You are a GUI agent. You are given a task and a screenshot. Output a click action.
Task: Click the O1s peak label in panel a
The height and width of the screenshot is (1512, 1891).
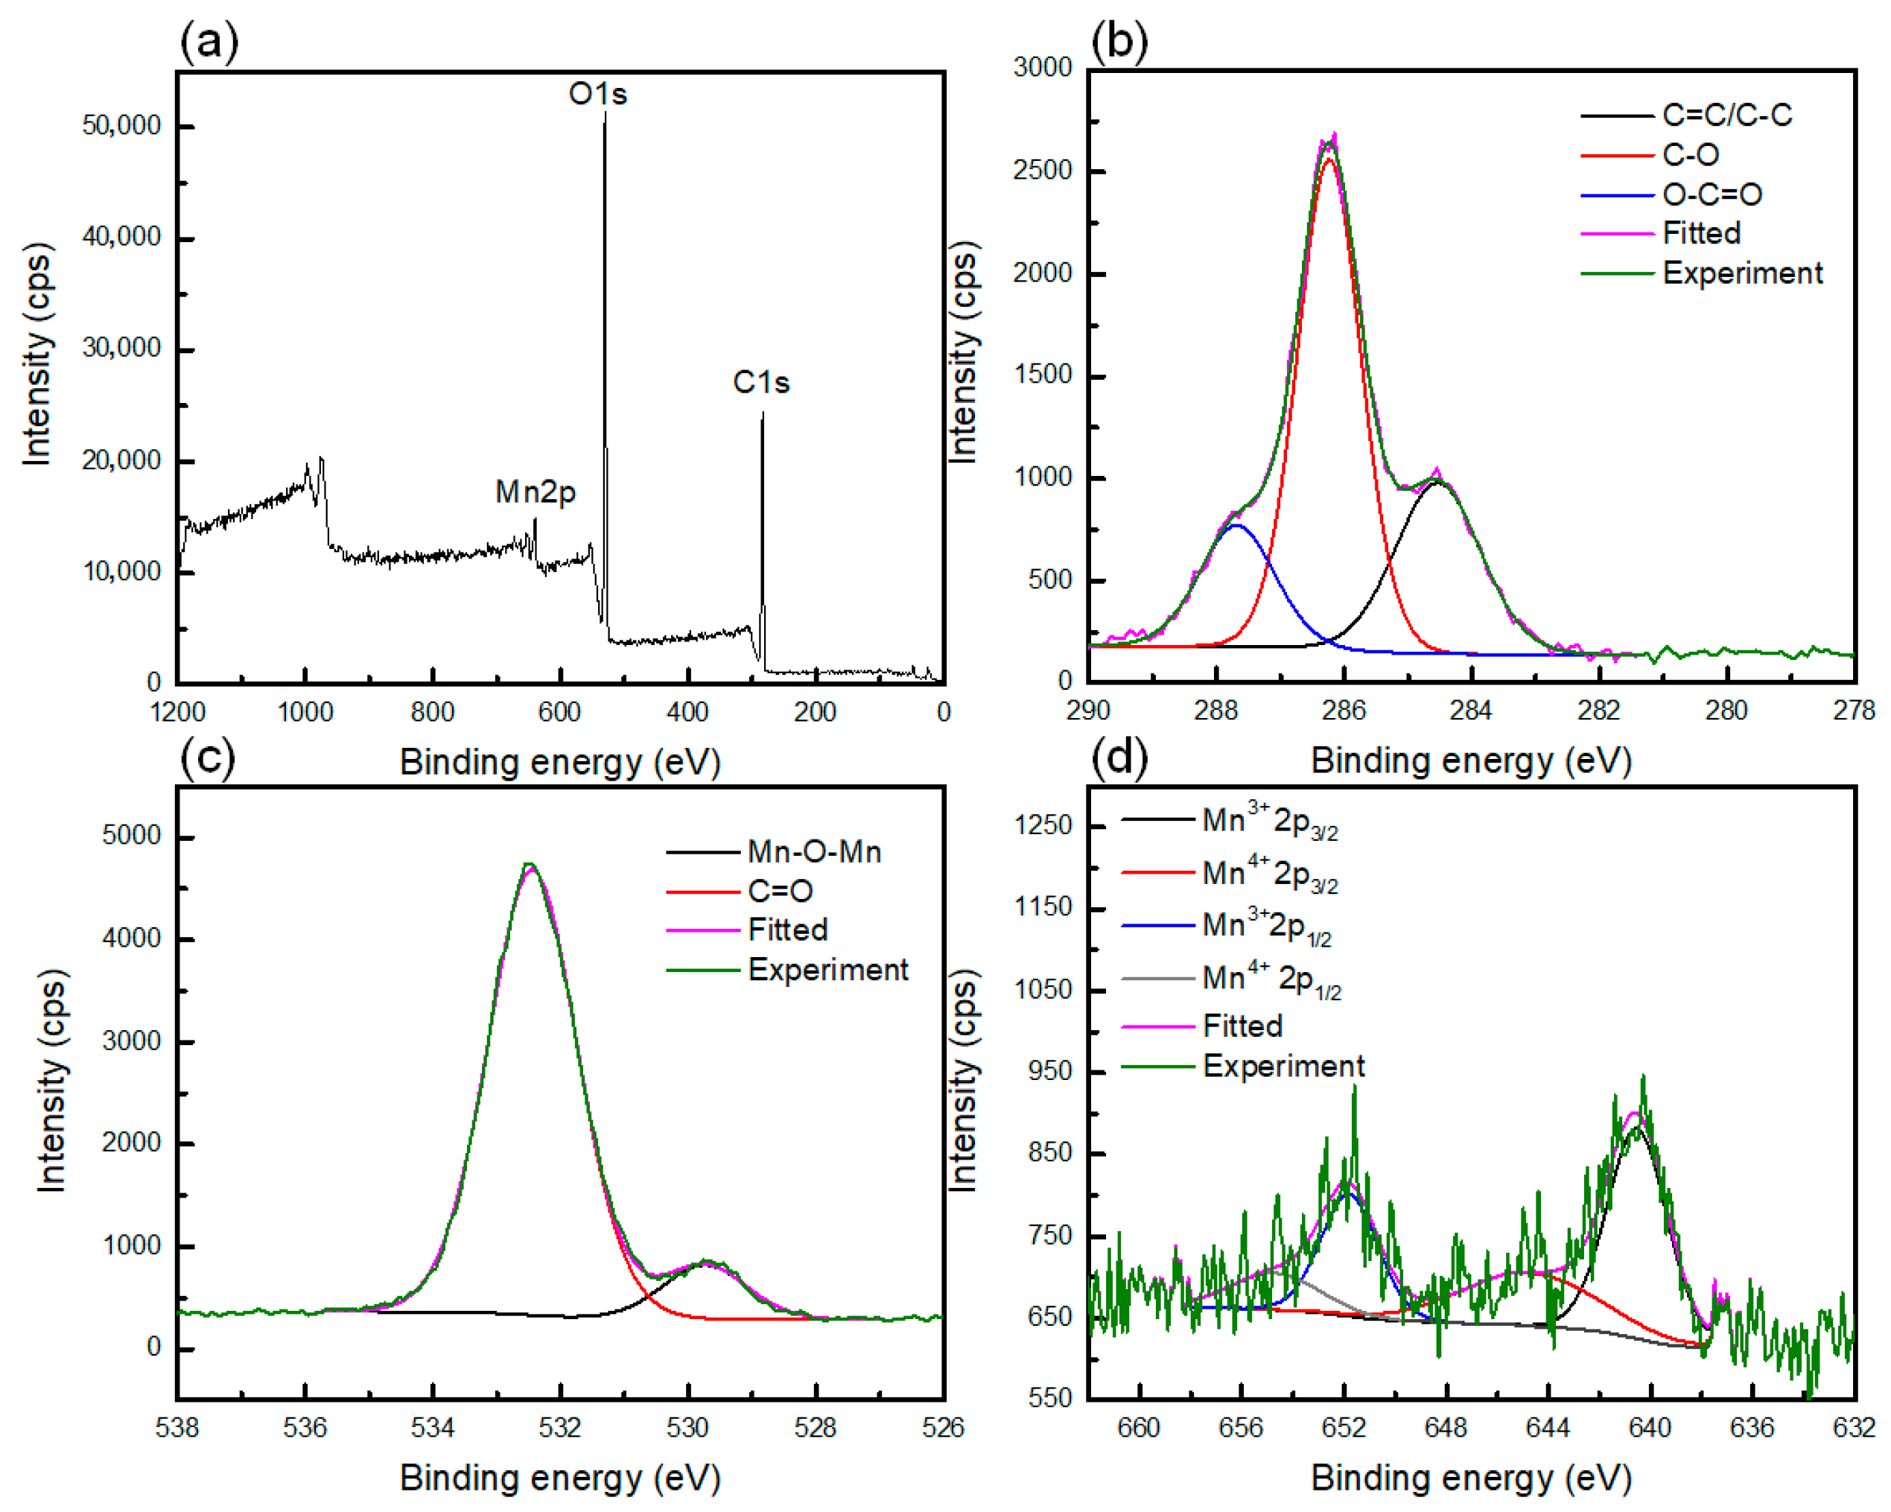click(x=597, y=94)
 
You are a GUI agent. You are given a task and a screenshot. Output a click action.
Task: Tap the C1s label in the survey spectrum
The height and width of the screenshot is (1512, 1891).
click(x=760, y=382)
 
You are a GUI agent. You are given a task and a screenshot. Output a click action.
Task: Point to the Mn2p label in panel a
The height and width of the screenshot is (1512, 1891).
click(x=535, y=492)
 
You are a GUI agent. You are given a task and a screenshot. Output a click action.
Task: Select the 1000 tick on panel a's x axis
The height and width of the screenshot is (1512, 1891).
click(x=305, y=711)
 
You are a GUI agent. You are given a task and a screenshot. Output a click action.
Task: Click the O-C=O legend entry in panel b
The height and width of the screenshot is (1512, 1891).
click(x=1712, y=194)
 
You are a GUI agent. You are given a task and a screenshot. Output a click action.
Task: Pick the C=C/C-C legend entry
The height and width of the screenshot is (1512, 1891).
click(x=1726, y=115)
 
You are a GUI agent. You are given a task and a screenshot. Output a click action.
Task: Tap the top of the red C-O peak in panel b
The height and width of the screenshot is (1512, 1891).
click(x=1329, y=159)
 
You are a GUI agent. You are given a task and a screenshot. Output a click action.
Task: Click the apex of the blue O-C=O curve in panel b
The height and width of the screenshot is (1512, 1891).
click(x=1236, y=525)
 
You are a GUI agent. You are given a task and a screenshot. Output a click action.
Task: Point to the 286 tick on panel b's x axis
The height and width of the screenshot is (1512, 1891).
click(x=1343, y=710)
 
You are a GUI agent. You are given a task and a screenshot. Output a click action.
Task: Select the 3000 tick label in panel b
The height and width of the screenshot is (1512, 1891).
click(x=1042, y=68)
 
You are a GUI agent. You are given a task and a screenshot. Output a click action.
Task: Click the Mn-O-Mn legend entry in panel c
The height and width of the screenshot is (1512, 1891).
click(x=813, y=851)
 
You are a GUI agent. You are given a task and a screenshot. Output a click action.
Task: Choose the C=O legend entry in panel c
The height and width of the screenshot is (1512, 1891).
click(x=779, y=891)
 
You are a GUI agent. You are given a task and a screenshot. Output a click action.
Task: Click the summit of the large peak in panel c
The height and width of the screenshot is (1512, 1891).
click(x=528, y=865)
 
